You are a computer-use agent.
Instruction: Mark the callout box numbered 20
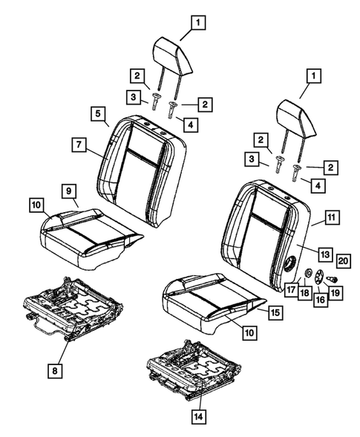342,259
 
